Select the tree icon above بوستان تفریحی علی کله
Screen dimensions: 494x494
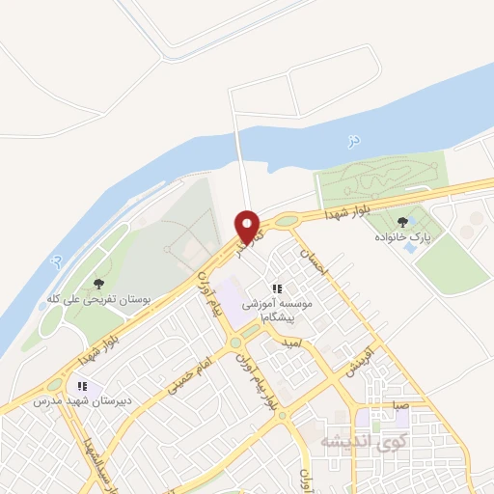point(98,283)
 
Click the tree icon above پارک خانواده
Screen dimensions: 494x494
point(402,222)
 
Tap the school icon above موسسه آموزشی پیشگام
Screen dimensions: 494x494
point(277,288)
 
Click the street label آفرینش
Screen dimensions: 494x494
point(356,359)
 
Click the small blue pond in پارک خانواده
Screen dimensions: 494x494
point(412,248)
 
